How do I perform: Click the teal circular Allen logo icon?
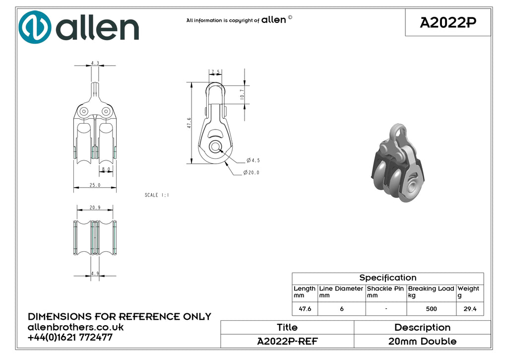(x=35, y=27)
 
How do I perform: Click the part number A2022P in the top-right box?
(x=448, y=23)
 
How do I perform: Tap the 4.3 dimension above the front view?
(x=95, y=63)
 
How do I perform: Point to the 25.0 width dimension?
(x=95, y=185)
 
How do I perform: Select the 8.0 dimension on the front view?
(x=106, y=169)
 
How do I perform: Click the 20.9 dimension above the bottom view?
(x=95, y=208)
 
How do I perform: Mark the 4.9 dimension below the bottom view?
(x=95, y=274)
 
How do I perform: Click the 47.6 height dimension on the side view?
(x=189, y=123)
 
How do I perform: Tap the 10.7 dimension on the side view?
(x=242, y=94)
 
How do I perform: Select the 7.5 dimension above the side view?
(x=215, y=72)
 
